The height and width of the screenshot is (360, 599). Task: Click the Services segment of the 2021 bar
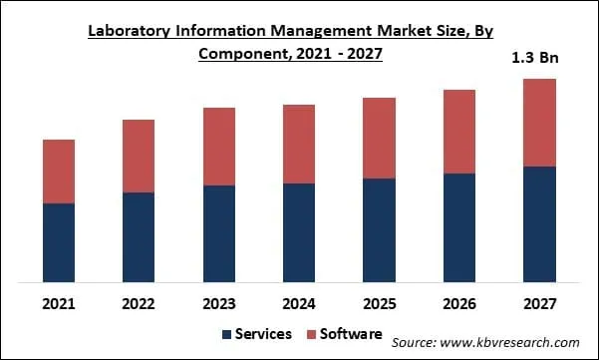59,242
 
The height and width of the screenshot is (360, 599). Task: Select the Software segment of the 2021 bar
59,172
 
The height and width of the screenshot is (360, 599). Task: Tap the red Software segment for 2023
219,147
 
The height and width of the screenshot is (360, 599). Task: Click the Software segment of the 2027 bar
539,123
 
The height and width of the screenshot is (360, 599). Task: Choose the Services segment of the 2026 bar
459,227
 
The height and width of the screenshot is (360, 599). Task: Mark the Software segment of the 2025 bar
379,139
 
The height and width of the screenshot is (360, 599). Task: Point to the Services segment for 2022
139,236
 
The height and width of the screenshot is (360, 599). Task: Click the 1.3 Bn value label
536,58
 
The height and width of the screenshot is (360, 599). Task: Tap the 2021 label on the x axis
59,302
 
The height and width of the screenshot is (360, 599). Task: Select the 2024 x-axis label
299,302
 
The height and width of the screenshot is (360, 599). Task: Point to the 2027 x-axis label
539,302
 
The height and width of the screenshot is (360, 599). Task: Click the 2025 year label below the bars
379,302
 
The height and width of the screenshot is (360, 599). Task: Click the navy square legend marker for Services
226,335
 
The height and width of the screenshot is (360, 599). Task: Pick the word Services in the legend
263,335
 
